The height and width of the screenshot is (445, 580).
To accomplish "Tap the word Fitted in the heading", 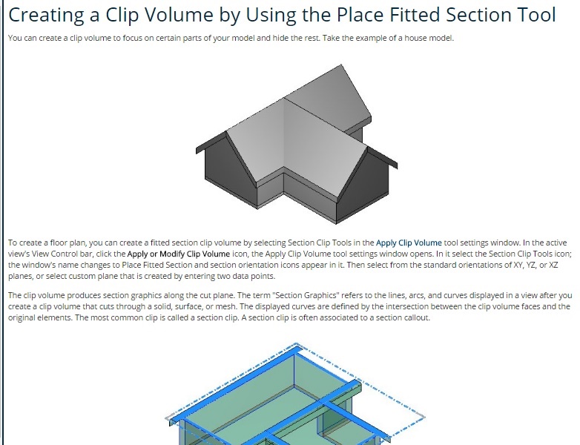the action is [x=415, y=14].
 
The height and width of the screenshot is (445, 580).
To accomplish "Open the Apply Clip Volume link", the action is [x=409, y=243].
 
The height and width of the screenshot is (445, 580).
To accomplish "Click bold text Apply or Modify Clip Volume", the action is [x=179, y=254].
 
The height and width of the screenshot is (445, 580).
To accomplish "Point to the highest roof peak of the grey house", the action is [x=341, y=65].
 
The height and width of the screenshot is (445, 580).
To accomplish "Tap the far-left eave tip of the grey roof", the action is [x=197, y=150].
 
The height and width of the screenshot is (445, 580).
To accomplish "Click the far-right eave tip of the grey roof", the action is [x=397, y=165].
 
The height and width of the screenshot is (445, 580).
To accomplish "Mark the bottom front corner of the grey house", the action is [x=337, y=223].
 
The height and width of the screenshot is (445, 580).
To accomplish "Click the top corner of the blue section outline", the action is [x=296, y=345].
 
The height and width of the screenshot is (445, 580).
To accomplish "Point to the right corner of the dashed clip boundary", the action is [x=425, y=417].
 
